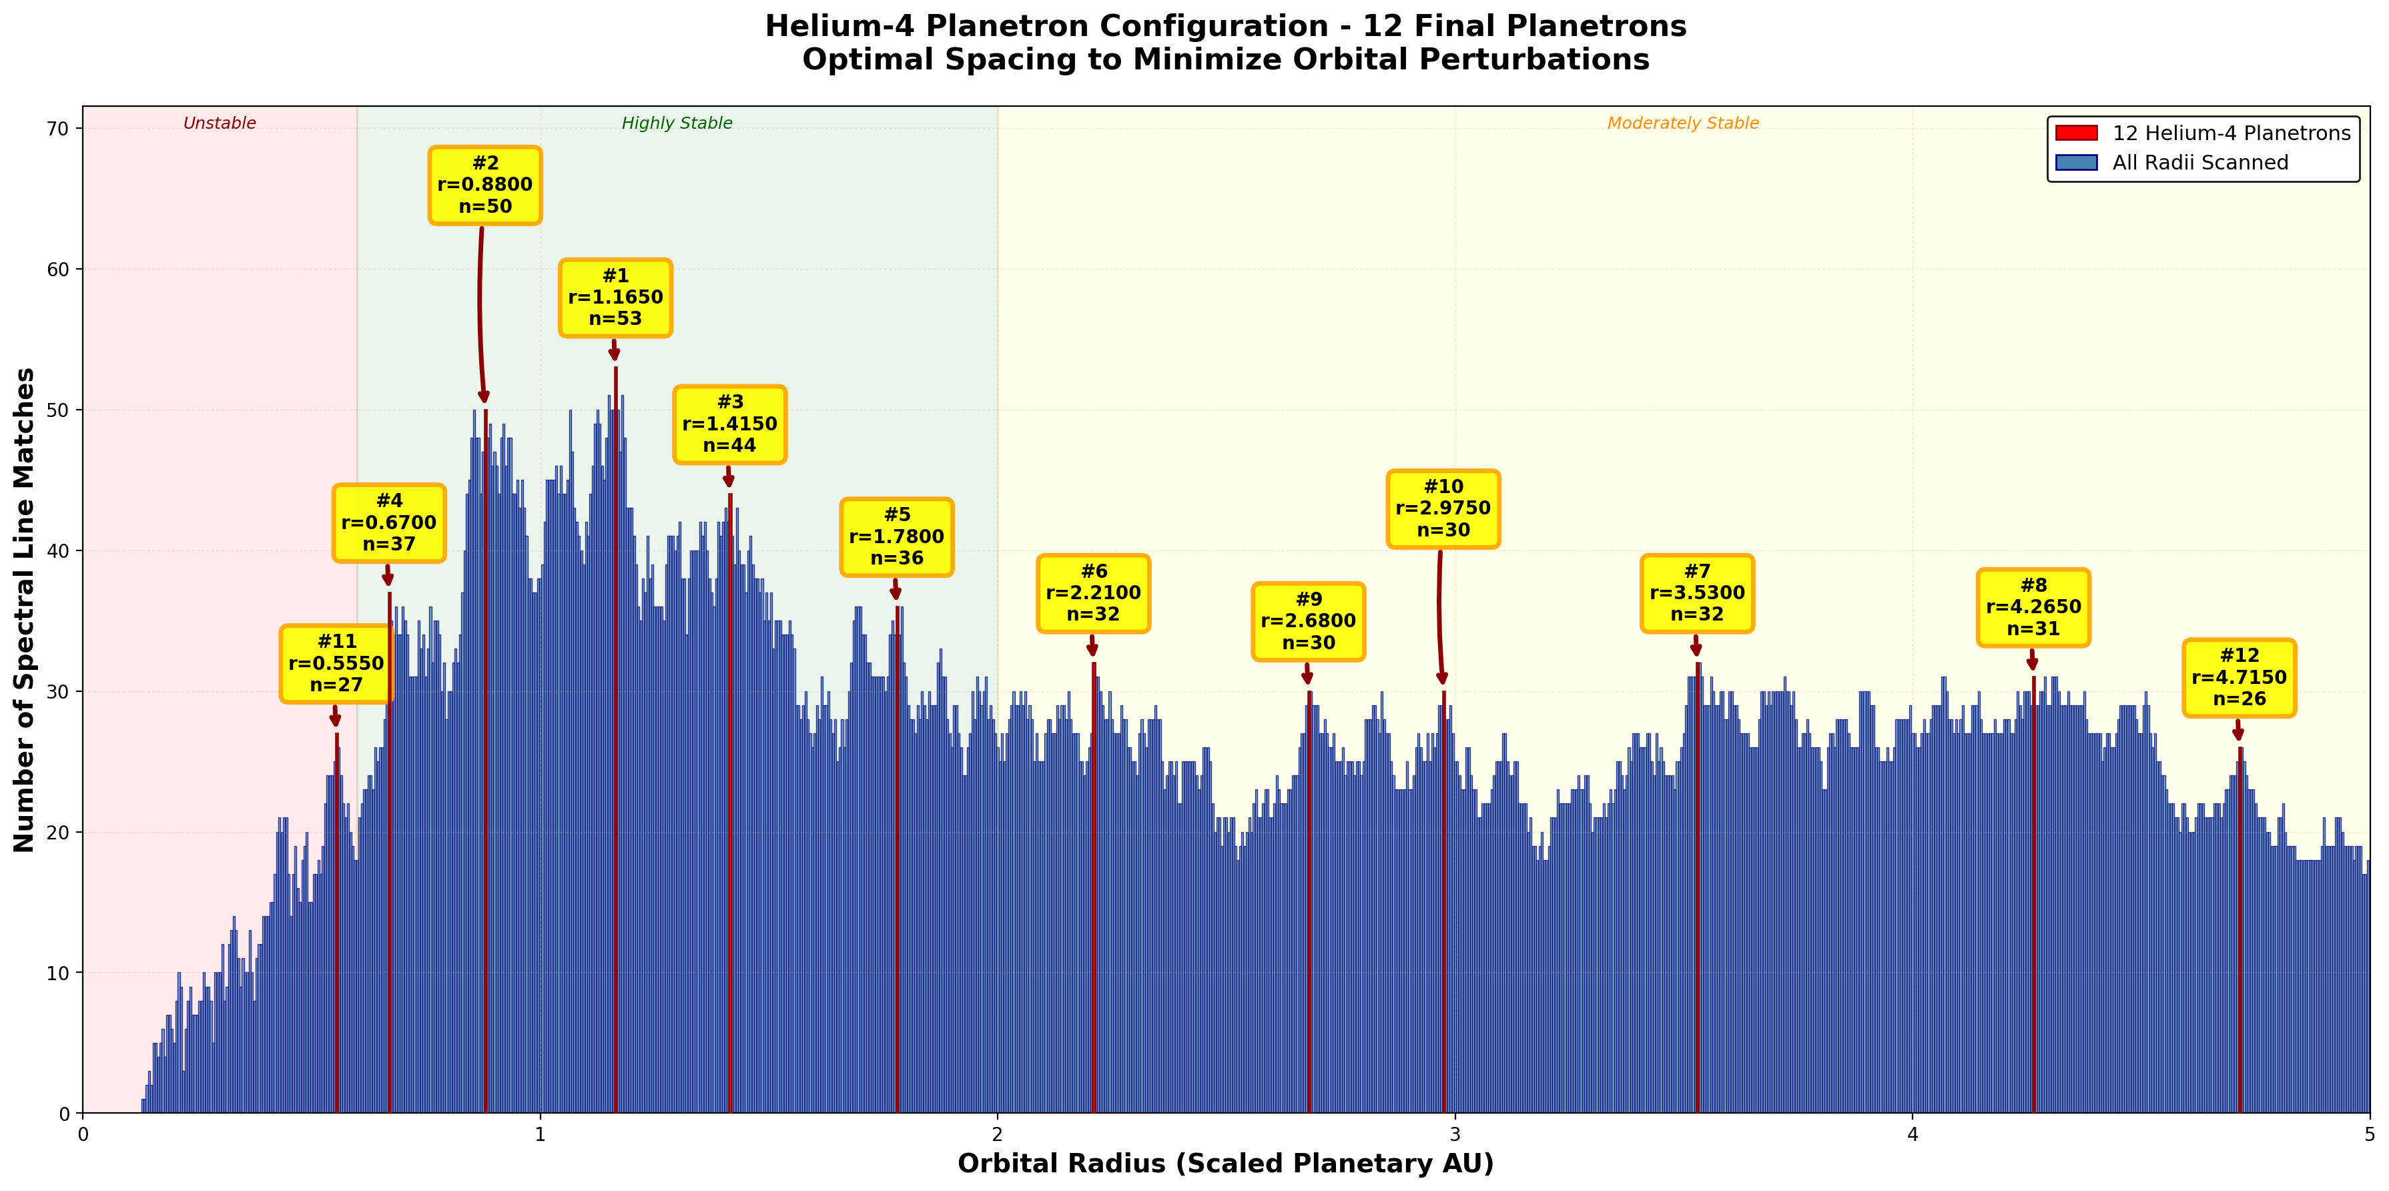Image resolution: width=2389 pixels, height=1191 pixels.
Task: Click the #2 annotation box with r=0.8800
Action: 485,185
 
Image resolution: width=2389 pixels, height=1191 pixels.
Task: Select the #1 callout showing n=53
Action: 616,298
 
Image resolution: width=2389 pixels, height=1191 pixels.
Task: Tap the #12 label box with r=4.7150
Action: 2239,678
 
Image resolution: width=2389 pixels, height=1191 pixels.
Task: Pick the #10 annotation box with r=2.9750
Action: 1443,509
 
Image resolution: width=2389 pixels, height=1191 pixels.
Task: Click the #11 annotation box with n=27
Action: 336,664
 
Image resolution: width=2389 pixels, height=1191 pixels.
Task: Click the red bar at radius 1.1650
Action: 616,742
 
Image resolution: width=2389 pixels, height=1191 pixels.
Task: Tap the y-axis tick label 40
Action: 59,551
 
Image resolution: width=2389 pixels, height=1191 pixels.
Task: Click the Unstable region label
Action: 220,123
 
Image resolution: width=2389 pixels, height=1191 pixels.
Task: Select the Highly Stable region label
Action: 677,123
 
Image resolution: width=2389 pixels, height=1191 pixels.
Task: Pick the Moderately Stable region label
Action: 1682,123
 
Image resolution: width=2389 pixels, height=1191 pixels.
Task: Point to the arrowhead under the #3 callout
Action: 729,480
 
